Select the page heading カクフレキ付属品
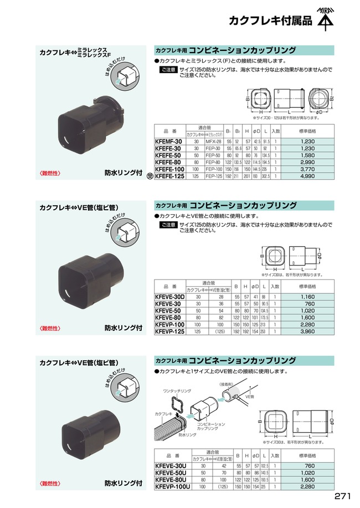pos(270,22)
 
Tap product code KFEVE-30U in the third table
pos(171,466)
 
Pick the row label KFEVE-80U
pos(171,479)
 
